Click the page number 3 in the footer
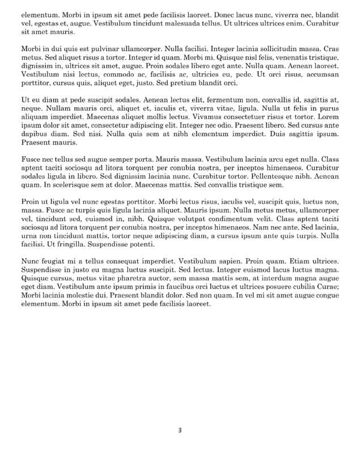click(180, 429)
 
